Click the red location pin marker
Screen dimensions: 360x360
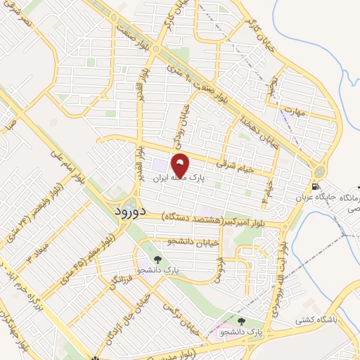[x=181, y=165]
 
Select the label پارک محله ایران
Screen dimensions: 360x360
[x=181, y=179]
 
